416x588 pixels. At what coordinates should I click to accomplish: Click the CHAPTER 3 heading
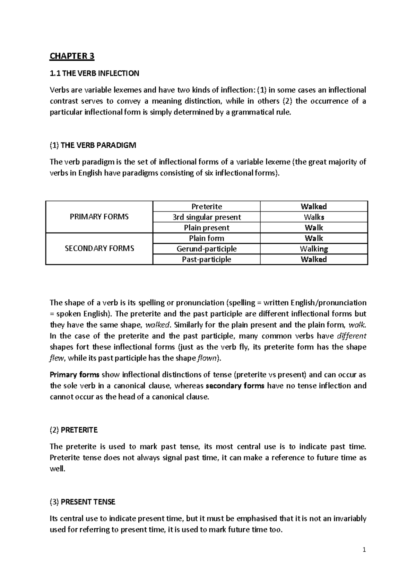(x=72, y=56)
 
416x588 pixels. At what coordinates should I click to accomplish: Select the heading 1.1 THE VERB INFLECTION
(x=94, y=73)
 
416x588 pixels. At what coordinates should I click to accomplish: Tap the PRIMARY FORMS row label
(x=99, y=217)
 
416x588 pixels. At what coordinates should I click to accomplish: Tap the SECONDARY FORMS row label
(x=99, y=249)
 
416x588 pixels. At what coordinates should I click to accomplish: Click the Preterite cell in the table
(x=207, y=207)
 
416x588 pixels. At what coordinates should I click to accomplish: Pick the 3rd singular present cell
(x=207, y=217)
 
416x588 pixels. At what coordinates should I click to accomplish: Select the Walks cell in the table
(x=314, y=217)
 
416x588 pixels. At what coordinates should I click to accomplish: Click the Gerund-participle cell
(x=207, y=249)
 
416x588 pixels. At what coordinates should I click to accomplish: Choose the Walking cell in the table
(x=314, y=249)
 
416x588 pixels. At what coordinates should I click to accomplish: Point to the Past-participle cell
(x=207, y=260)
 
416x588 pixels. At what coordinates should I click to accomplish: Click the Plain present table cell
(x=207, y=228)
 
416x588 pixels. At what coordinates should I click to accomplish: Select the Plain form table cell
(x=207, y=238)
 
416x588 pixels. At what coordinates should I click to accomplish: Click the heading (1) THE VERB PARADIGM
(x=93, y=145)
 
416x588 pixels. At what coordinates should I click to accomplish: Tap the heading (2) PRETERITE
(x=74, y=430)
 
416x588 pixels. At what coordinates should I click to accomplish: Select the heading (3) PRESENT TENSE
(x=83, y=502)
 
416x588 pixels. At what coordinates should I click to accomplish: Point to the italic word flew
(x=57, y=358)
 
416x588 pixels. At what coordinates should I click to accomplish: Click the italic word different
(x=352, y=336)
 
